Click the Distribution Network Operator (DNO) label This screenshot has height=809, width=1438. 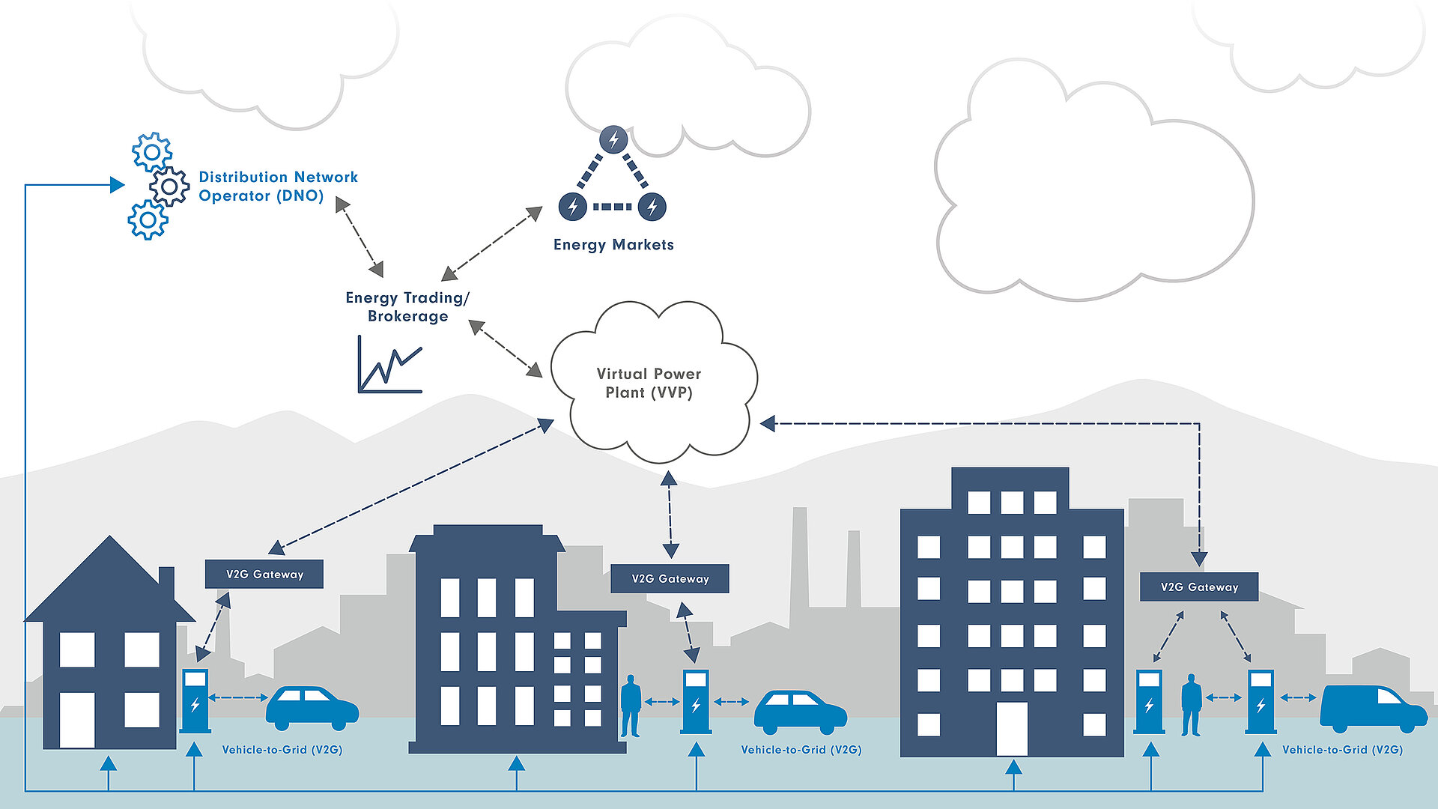click(278, 187)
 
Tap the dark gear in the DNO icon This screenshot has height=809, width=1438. click(169, 187)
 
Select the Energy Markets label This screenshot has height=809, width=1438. click(613, 245)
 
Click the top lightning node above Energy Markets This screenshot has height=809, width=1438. click(613, 139)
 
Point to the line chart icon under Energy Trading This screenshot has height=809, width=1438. click(390, 366)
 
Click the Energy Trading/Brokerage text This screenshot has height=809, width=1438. click(407, 307)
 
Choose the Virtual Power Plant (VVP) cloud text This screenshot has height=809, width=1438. click(649, 383)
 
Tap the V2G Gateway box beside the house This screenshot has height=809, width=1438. click(264, 575)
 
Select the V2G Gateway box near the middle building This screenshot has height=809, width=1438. click(670, 579)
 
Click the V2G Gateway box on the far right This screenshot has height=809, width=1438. click(1199, 587)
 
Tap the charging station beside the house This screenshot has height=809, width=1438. click(195, 700)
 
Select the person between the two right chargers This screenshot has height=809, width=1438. click(1191, 704)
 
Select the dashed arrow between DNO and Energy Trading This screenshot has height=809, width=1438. click(359, 237)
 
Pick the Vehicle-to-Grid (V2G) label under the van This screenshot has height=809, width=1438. click(1342, 750)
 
